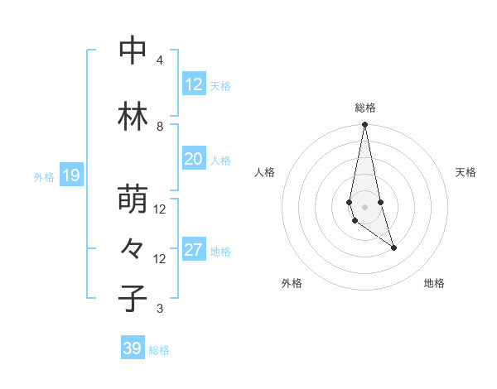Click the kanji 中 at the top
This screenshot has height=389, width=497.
point(133,51)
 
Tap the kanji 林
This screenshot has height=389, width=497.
point(133,117)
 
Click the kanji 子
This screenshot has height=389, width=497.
point(133,298)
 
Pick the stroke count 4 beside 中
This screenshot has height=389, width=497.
point(160,60)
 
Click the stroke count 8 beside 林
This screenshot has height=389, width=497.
point(160,126)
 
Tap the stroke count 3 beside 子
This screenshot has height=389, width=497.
point(160,309)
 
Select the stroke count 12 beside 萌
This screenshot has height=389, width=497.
point(160,209)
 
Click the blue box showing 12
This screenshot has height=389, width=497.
point(193,84)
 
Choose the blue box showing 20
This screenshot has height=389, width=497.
point(193,159)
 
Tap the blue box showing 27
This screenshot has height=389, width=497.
point(193,250)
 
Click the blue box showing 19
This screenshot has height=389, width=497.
point(70,175)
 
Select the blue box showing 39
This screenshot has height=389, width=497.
point(132,348)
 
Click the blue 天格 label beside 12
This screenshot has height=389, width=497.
point(220,86)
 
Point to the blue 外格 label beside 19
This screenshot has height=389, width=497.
point(44,176)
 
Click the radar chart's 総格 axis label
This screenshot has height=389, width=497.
point(365,108)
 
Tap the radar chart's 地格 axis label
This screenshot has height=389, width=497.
point(434,283)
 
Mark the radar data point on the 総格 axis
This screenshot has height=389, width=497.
point(365,125)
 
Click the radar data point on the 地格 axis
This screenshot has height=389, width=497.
point(393,247)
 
